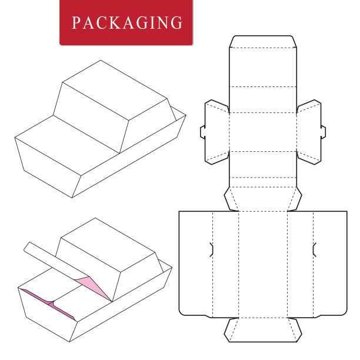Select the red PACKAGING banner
(x=126, y=22)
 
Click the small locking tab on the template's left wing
(x=203, y=132)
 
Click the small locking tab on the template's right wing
(x=323, y=132)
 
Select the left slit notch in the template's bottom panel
(x=212, y=249)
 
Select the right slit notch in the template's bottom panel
(x=315, y=249)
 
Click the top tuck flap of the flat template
(x=263, y=42)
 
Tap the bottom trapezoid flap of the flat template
(x=263, y=330)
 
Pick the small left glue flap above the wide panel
(x=231, y=199)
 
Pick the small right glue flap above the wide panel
(x=295, y=199)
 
